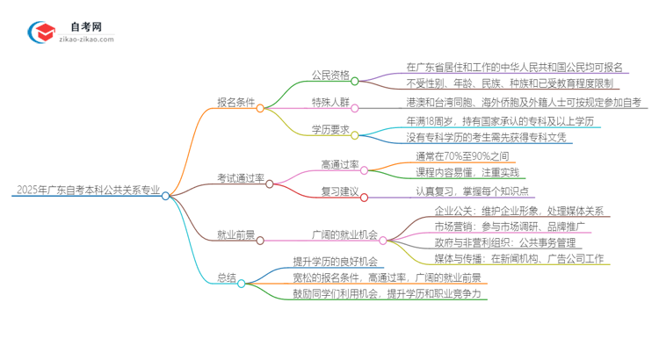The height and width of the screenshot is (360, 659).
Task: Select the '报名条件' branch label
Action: coord(236,102)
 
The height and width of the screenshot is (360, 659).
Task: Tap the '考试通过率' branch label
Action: coord(241,178)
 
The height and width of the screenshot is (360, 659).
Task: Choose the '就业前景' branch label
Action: coord(236,234)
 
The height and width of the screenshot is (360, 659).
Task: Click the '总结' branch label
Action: coord(226,277)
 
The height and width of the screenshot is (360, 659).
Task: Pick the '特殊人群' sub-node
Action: coord(329,102)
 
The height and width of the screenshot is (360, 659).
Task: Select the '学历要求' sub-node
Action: coord(329,130)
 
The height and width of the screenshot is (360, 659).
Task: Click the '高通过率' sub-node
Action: coord(340,163)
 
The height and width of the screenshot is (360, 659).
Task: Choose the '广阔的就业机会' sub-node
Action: coord(345,234)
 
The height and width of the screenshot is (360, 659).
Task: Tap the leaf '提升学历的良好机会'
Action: coord(335,261)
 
